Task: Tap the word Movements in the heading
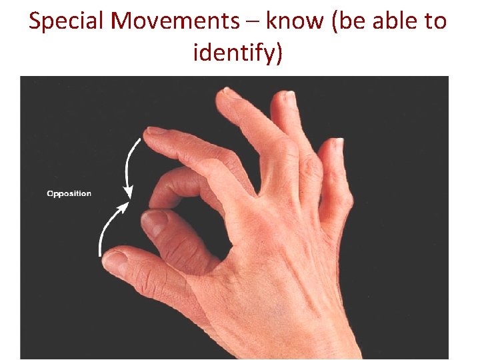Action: (175, 21)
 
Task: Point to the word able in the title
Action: (390, 21)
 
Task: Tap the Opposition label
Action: (69, 194)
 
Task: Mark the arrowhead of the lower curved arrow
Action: (125, 205)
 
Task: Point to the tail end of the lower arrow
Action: (100, 254)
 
